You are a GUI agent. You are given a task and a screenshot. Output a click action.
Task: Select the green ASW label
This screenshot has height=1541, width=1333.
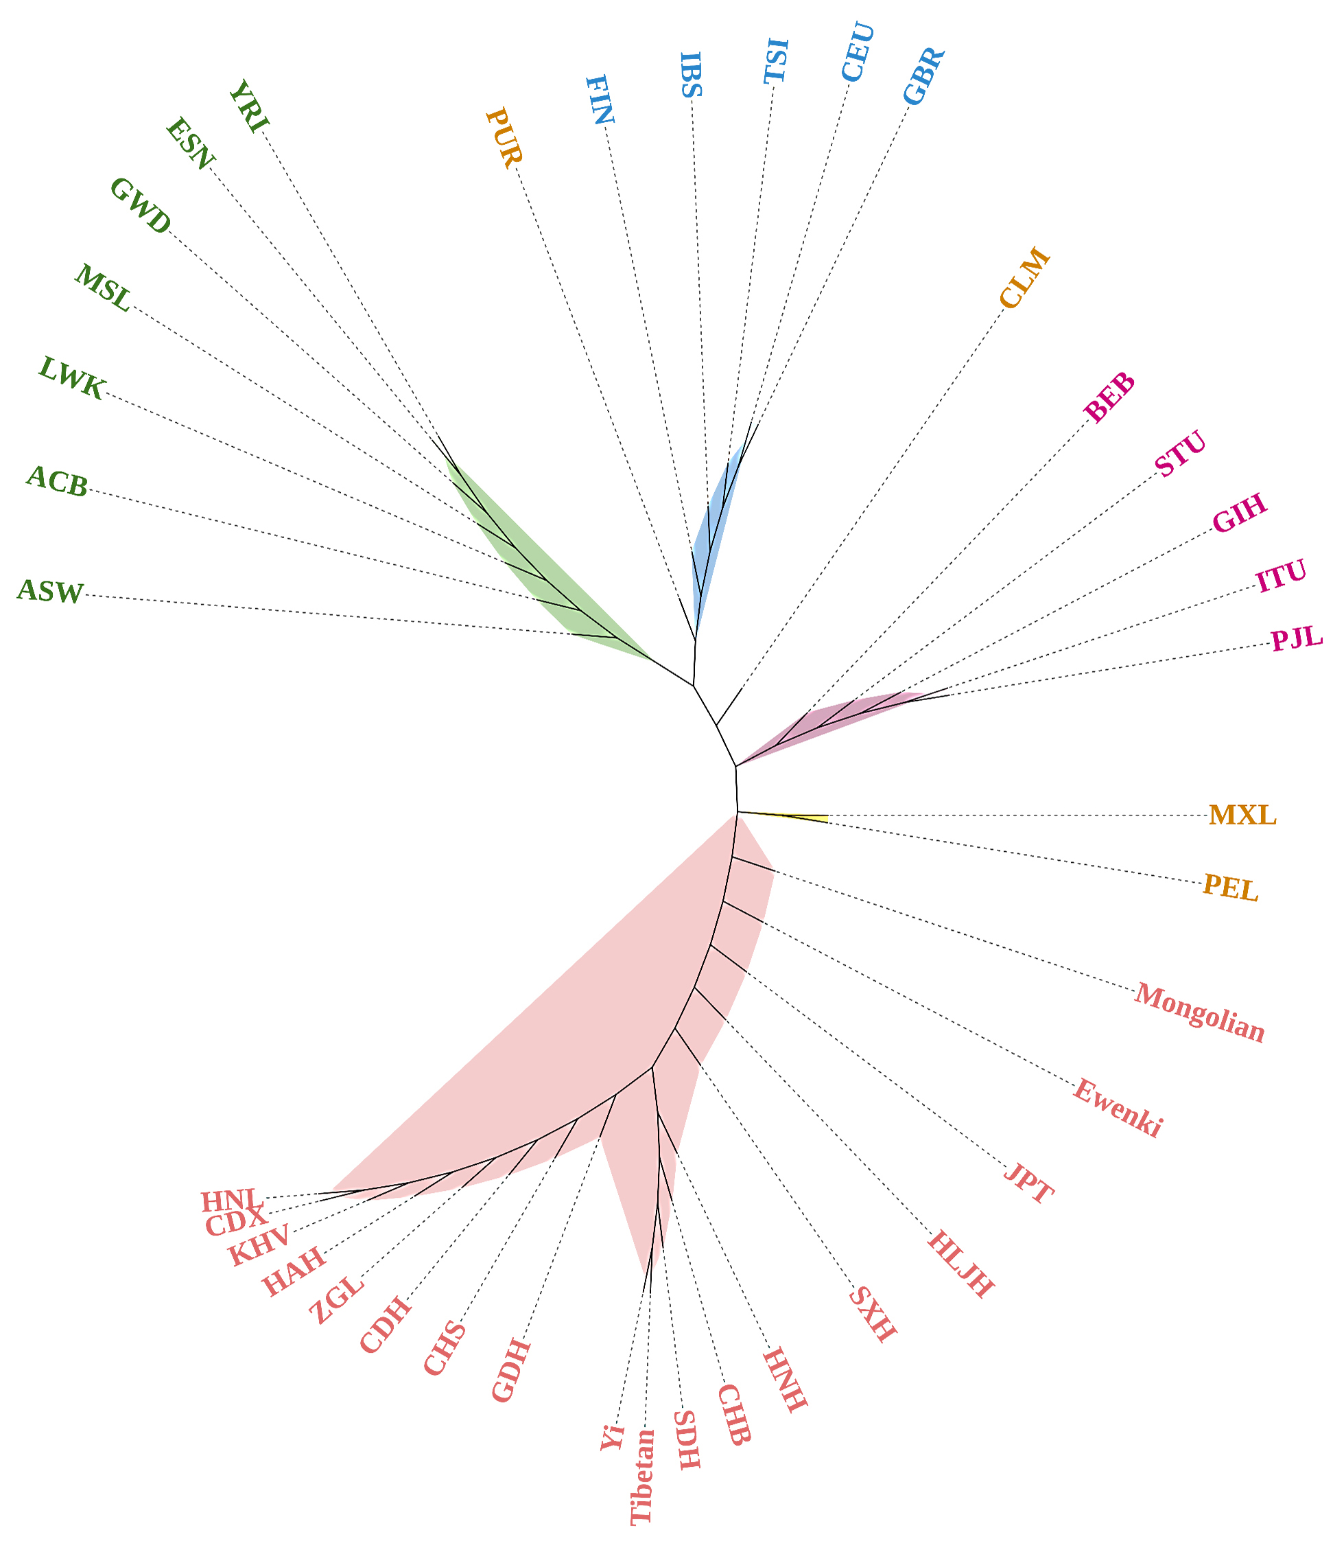(x=51, y=592)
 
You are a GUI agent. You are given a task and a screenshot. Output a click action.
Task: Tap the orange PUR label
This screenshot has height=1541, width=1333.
(x=504, y=139)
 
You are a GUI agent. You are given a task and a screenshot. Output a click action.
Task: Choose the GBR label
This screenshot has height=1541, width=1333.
(x=924, y=77)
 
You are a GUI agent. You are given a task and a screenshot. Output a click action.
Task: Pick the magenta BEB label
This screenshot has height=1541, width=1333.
(x=1109, y=397)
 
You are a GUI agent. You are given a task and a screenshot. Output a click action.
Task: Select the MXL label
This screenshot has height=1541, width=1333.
(x=1242, y=815)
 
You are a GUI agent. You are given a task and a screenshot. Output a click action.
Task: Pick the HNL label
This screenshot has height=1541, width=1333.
(x=229, y=1199)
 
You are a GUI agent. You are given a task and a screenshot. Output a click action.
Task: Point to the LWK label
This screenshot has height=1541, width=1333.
(x=71, y=378)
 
